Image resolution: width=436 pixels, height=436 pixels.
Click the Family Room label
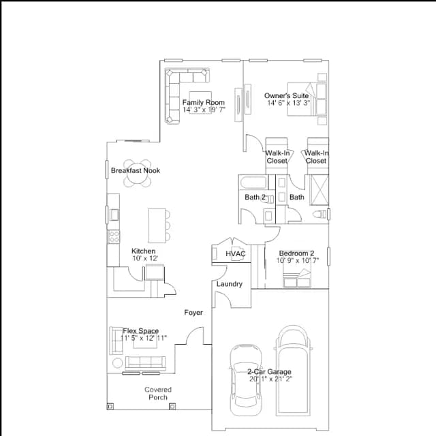tap(204, 102)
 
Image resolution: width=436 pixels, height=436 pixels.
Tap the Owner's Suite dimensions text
tap(289, 103)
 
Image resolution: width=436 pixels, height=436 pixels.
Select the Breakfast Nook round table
tap(138, 173)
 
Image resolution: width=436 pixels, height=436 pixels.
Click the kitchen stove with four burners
tap(114, 236)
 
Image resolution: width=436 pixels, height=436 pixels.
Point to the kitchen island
tap(157, 225)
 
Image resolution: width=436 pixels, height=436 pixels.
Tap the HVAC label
tap(236, 253)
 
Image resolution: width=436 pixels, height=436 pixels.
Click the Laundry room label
tap(230, 284)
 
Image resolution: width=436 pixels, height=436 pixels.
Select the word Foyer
tap(193, 313)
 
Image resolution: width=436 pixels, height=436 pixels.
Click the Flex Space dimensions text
tap(144, 338)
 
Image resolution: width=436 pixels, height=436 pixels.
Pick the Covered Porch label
tap(158, 394)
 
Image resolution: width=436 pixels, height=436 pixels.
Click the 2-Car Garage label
tap(270, 371)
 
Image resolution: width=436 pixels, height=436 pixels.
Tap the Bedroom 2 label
tap(297, 253)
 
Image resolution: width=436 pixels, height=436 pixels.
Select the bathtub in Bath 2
tap(253, 183)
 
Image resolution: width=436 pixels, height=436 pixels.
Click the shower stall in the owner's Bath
tap(320, 190)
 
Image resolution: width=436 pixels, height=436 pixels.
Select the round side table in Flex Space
tap(117, 363)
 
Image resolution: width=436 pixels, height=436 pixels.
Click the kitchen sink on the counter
tap(114, 215)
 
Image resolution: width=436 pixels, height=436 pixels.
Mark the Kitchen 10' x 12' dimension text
tap(145, 258)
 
